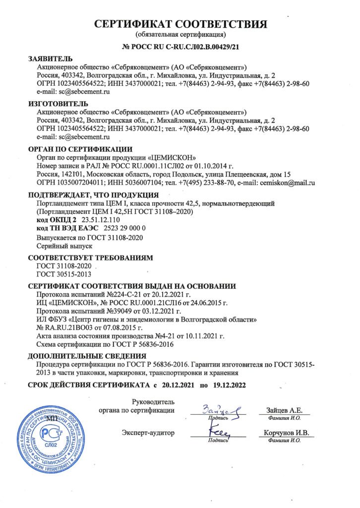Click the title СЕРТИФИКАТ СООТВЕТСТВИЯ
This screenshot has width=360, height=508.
pos(180,24)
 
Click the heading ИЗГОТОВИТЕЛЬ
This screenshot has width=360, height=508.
pos(58,104)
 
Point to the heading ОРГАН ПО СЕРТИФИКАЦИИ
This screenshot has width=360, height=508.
pos(80,148)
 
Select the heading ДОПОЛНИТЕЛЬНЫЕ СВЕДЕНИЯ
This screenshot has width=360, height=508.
pos(87,356)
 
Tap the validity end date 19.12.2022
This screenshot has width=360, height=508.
pos(228,385)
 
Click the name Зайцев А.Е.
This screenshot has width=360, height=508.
pos(281,410)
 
